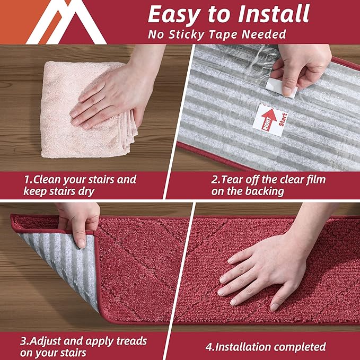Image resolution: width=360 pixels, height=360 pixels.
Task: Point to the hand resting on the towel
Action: point(114,90)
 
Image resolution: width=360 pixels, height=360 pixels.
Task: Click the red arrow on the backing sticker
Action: point(269,118)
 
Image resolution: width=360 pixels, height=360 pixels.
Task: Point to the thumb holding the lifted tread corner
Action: point(80,235)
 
